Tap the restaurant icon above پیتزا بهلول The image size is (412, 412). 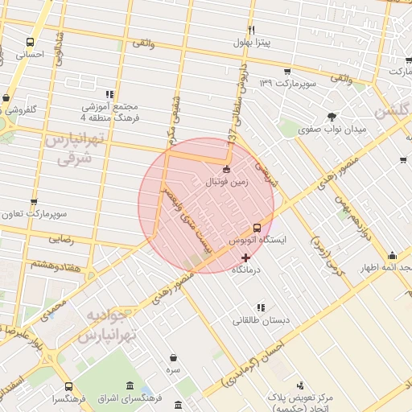coord(252,30)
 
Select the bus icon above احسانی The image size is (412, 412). coord(31,43)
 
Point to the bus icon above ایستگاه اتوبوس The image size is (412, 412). coord(257,228)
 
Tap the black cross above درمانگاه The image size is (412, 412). coord(245,257)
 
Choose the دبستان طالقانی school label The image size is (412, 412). coord(261,320)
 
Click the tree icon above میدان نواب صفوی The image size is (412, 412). coord(332,116)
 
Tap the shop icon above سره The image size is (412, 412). coord(174,357)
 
